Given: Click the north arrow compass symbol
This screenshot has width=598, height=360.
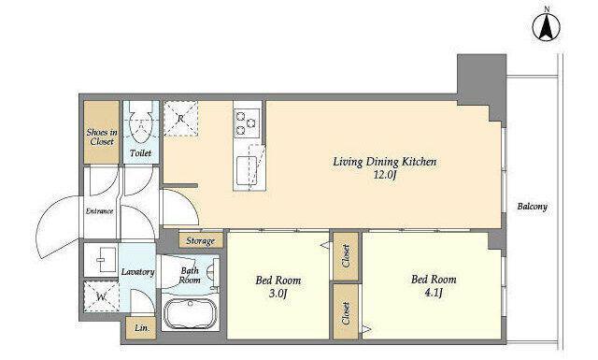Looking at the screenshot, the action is click(x=547, y=27).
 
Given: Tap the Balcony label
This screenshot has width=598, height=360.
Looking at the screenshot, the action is click(x=532, y=207).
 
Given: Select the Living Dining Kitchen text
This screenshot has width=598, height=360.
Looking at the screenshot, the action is click(x=385, y=162).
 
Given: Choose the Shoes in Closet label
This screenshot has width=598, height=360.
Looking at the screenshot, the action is click(x=102, y=137).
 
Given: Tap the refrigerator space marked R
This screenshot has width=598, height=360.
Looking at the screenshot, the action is click(x=180, y=118).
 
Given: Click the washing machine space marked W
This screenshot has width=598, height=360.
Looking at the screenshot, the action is click(x=101, y=296).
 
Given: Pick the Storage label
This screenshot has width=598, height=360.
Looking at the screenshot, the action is click(x=201, y=241).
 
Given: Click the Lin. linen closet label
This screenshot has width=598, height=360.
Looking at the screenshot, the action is click(x=141, y=328).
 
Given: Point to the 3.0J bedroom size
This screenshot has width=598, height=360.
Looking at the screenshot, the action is click(x=278, y=294).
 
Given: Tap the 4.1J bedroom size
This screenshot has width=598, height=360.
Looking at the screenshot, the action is click(x=434, y=293).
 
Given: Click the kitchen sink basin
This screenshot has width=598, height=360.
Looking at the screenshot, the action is click(x=247, y=170).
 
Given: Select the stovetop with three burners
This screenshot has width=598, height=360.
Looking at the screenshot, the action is click(x=247, y=122).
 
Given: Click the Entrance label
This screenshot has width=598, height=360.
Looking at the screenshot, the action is click(x=100, y=210).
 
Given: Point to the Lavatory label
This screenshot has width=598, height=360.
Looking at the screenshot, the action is click(x=137, y=272).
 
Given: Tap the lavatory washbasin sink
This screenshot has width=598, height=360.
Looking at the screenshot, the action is click(x=105, y=260).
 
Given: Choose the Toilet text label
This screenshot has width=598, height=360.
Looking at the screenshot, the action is click(x=140, y=153).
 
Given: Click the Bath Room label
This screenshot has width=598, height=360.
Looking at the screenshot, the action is click(x=190, y=275).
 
